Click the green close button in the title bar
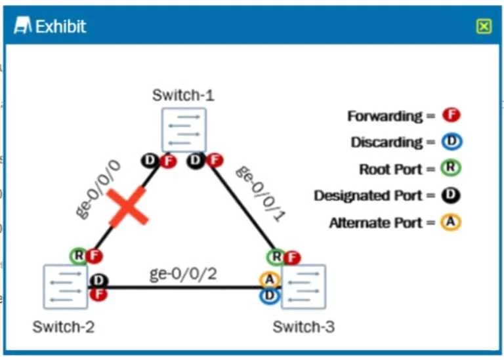tap(484, 26)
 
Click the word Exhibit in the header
tap(60, 26)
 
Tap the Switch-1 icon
tap(184, 130)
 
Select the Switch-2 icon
tap(66, 287)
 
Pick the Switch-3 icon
tap(303, 287)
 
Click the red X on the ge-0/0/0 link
tap(128, 207)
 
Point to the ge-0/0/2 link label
tap(183, 274)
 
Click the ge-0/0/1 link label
tap(261, 193)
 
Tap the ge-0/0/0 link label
tap(98, 190)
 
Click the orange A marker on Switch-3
tap(270, 279)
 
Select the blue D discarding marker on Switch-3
tap(270, 296)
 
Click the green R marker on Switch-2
tap(79, 256)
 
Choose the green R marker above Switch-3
tap(276, 256)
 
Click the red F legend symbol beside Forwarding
tap(451, 115)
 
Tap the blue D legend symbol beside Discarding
tap(451, 142)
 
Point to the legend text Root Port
tap(390, 169)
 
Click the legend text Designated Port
tap(368, 195)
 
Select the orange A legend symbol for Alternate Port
tap(451, 222)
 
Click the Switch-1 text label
tap(183, 95)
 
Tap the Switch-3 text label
tap(304, 327)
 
